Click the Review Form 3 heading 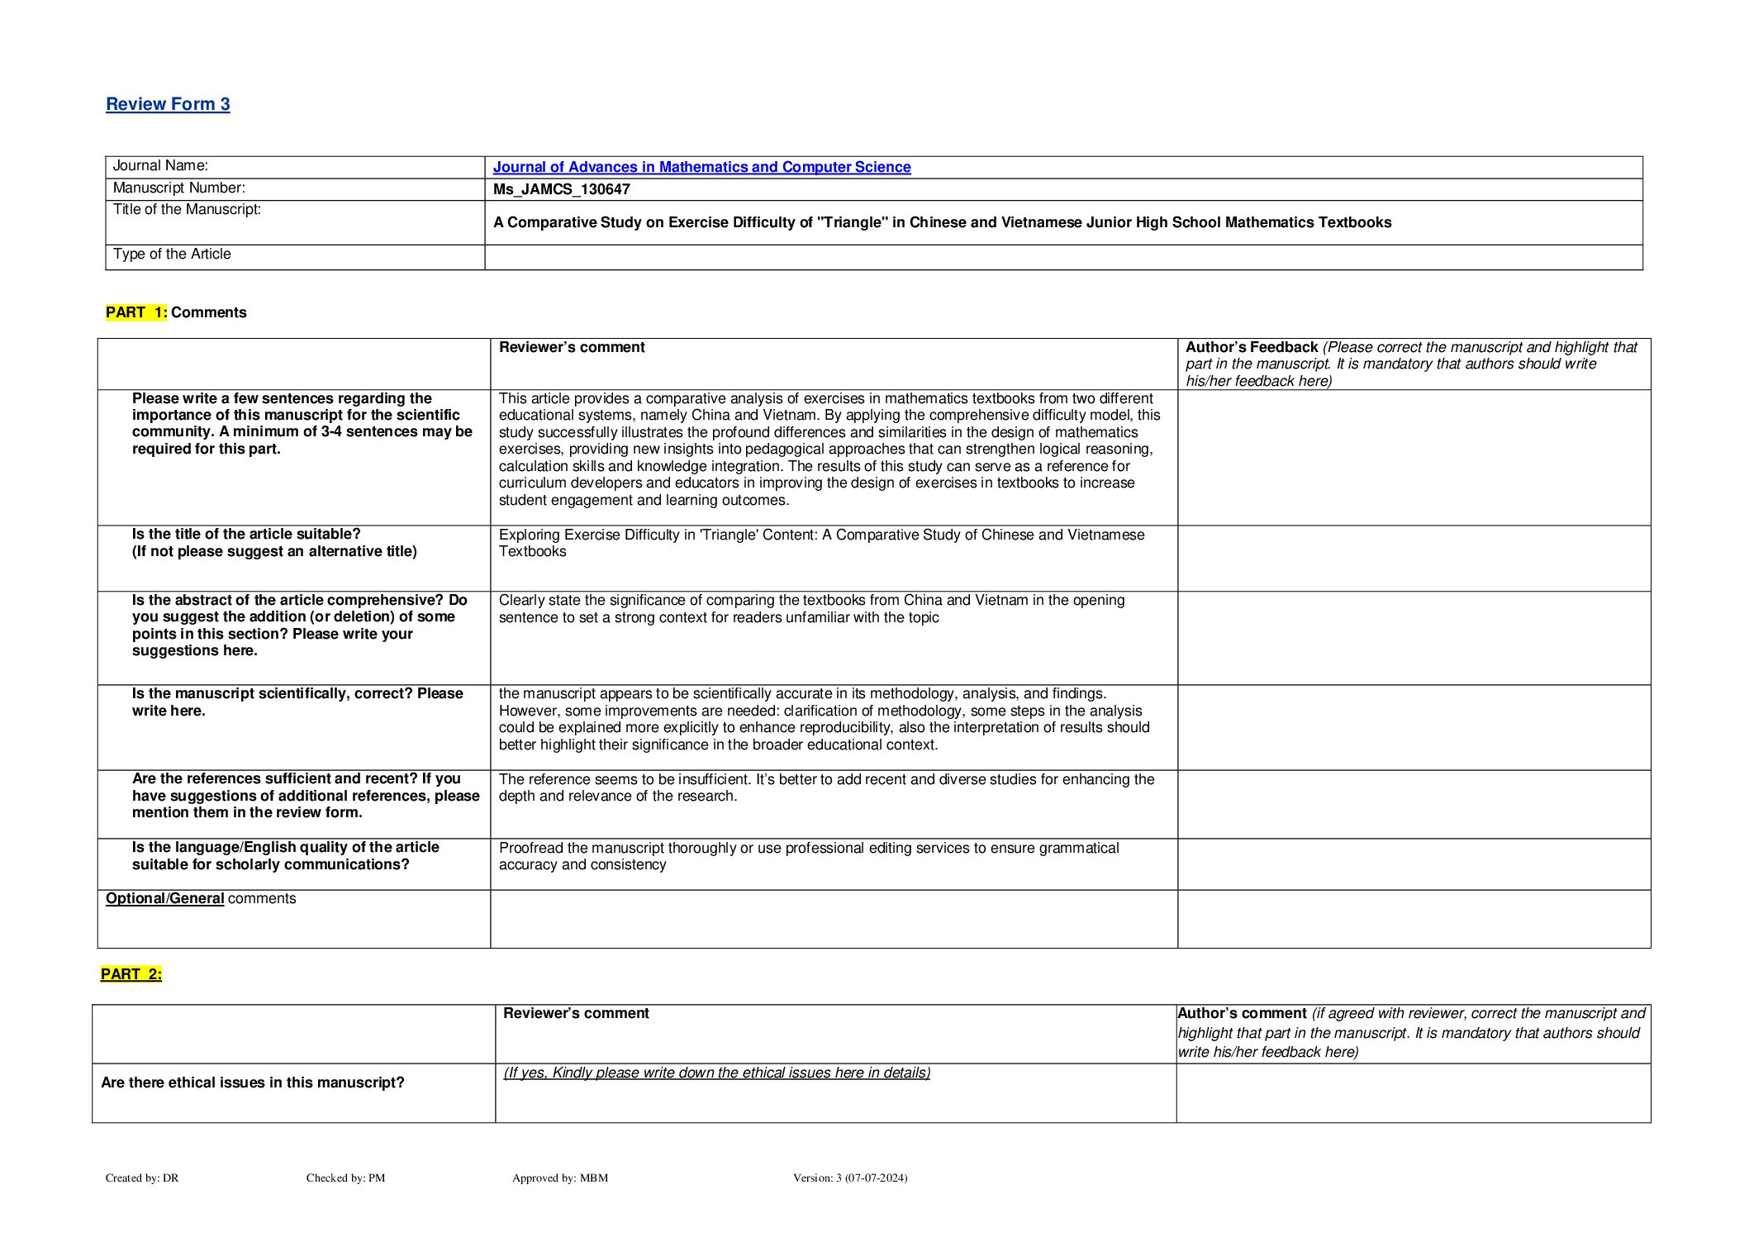(x=168, y=104)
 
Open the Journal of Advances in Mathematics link (x=701, y=167)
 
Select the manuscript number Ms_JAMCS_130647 (x=562, y=189)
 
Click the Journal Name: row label (x=160, y=166)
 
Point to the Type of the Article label (x=172, y=255)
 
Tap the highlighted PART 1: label (x=136, y=312)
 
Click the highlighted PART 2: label (x=131, y=974)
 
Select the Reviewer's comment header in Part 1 (x=572, y=348)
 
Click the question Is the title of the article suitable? (x=246, y=535)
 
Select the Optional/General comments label (x=201, y=899)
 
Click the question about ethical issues (x=253, y=1082)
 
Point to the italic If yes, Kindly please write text (x=717, y=1073)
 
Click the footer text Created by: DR (x=142, y=1178)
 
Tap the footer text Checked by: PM (x=345, y=1178)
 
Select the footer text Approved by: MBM (x=560, y=1178)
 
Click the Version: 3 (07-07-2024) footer (x=850, y=1178)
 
